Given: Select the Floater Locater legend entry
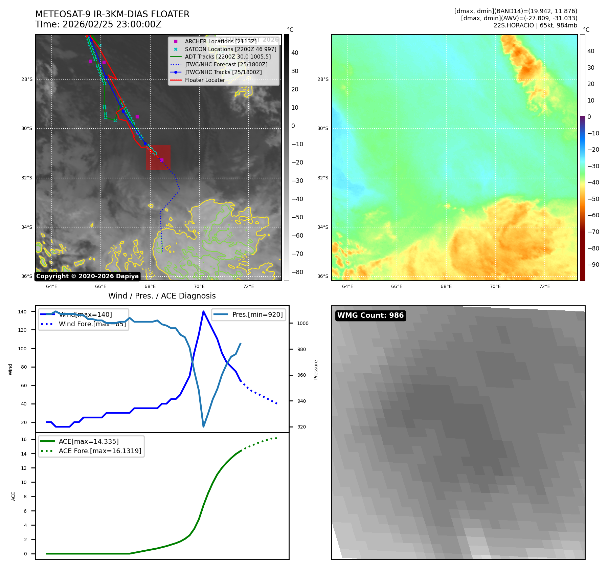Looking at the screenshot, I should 205,80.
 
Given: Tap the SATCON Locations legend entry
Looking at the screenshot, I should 230,49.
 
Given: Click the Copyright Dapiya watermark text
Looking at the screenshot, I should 87,276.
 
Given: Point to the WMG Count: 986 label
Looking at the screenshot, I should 370,315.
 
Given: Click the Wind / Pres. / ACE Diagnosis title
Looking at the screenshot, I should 162,296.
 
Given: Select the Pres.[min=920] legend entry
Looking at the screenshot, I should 257,314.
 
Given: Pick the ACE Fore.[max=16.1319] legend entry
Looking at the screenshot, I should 100,451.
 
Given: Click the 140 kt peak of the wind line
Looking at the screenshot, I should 203,311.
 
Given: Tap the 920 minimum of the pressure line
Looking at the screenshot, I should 203,426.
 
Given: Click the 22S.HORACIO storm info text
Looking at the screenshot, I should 535,25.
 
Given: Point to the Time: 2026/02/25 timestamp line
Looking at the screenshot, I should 98,24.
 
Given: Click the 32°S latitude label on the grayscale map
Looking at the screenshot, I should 27,178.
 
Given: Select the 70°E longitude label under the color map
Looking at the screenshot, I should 495,286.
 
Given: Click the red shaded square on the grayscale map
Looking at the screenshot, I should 158,157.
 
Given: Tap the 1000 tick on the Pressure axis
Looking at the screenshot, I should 302,323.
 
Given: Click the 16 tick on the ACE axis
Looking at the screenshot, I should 24,439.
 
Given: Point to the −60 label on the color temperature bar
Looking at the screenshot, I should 593,215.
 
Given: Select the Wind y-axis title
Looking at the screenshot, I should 10,369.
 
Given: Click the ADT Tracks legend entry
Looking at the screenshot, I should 228,57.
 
